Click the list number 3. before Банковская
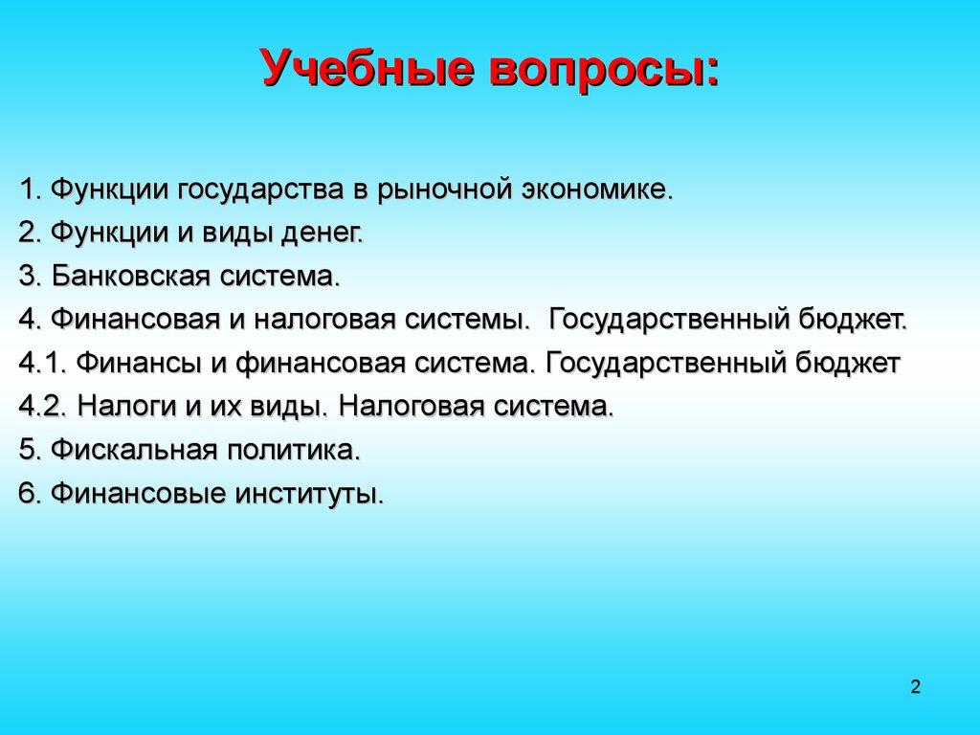(x=31, y=277)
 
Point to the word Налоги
(x=124, y=407)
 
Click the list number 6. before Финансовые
(x=31, y=494)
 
